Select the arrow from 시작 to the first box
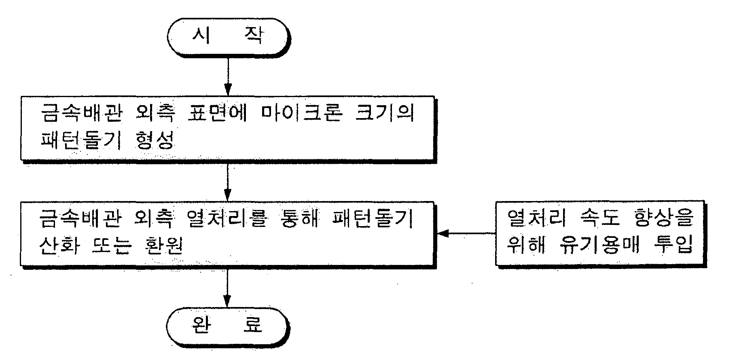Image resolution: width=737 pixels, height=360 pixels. [228, 76]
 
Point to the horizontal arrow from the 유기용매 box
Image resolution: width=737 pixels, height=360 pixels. [467, 233]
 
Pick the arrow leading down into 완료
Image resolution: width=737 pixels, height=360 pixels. [228, 288]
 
